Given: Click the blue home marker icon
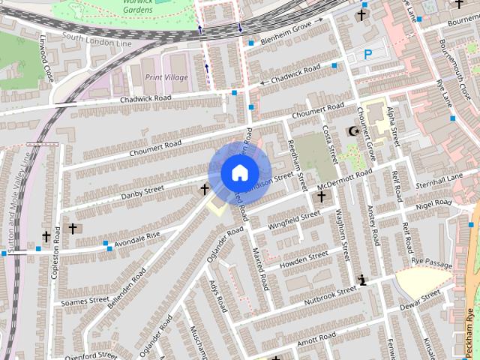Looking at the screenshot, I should tap(238, 172).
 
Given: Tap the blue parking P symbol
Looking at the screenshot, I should tap(367, 54).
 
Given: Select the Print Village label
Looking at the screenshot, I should tap(166, 77).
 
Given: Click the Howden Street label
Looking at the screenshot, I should tap(303, 259).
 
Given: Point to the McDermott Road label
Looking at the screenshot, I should tap(344, 178).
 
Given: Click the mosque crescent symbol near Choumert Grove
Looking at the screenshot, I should tap(352, 132).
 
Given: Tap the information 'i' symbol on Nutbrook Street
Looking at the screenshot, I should tap(363, 280).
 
